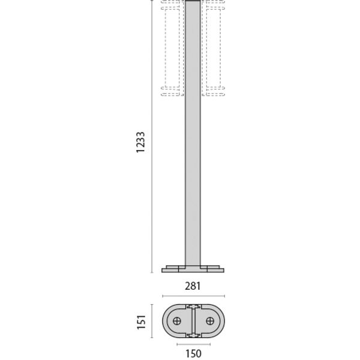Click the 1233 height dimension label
(140, 142)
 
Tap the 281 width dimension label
(193, 286)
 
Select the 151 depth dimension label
(142, 322)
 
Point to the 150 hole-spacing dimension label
(194, 353)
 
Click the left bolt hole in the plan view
(177, 321)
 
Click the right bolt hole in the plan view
(210, 321)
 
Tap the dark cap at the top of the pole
(193, 1)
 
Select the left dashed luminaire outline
(172, 48)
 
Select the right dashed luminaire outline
(213, 48)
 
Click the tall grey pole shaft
(193, 134)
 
